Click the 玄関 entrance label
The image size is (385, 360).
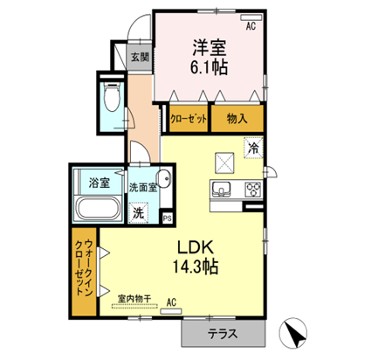(x=140, y=57)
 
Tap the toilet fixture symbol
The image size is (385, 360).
(x=113, y=97)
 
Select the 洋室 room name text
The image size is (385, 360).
(x=210, y=47)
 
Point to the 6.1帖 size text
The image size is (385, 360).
(x=209, y=67)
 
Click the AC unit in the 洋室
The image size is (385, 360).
(x=251, y=17)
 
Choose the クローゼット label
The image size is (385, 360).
(x=189, y=119)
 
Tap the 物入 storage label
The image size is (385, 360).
(x=237, y=119)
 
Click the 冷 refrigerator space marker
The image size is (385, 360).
(x=253, y=148)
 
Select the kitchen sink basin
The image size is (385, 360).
(x=222, y=190)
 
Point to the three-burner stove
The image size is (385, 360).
(x=253, y=190)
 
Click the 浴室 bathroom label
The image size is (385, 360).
(x=100, y=183)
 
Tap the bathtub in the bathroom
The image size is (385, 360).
(x=98, y=208)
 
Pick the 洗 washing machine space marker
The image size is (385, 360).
(x=139, y=213)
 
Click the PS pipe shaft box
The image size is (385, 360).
(x=167, y=218)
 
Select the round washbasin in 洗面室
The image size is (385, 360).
(x=163, y=177)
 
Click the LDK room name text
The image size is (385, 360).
(x=196, y=247)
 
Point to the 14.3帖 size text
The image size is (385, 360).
(x=196, y=267)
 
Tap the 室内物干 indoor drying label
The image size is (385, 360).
(x=134, y=299)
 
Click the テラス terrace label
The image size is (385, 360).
(x=223, y=334)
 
